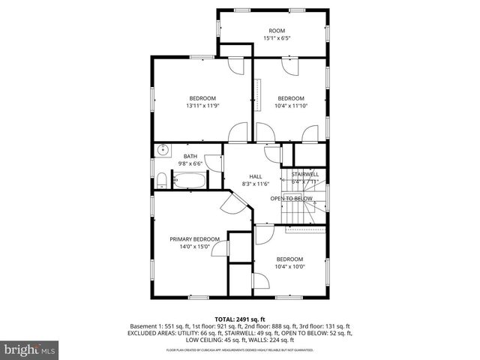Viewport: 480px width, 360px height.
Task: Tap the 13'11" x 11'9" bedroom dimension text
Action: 202,106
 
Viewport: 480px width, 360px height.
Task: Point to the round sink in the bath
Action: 163,151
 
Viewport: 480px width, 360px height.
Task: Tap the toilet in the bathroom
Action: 161,179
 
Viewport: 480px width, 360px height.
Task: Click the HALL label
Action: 255,175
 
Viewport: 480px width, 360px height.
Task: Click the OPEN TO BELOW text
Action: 292,199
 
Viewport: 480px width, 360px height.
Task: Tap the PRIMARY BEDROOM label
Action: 194,238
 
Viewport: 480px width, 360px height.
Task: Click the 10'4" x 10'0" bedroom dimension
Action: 290,266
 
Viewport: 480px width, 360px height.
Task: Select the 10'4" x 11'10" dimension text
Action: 292,106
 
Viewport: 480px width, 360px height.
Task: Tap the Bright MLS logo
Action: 30,349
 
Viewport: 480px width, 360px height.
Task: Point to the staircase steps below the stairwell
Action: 295,214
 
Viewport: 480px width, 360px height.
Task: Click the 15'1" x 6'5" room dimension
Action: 277,38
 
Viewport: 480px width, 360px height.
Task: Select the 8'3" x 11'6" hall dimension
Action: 255,183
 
